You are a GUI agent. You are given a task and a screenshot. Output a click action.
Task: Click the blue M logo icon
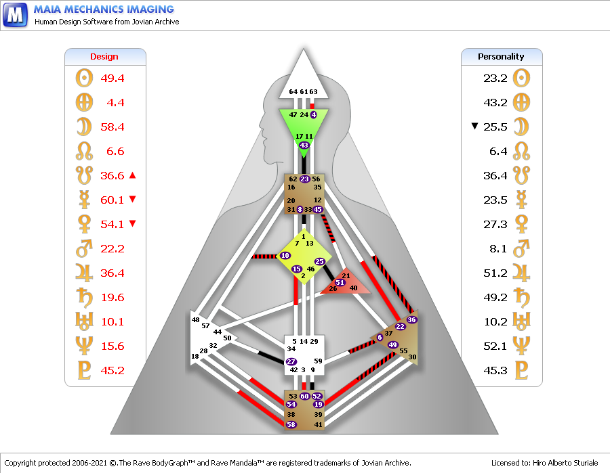15,15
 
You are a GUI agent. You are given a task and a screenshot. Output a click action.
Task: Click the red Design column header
104,57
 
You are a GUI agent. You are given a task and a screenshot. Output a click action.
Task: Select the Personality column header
501,57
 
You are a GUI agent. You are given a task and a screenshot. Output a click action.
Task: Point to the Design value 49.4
113,78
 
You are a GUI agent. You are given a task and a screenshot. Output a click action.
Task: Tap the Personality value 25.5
495,127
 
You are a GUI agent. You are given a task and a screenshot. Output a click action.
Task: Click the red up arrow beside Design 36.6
132,175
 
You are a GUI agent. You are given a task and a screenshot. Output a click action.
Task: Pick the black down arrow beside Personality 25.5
474,126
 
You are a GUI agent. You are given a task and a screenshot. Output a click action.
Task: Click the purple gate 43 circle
304,145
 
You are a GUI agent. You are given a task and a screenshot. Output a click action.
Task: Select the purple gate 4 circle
314,114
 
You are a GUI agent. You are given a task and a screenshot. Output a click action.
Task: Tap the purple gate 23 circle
304,179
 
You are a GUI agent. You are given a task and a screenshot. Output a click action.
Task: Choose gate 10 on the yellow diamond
285,256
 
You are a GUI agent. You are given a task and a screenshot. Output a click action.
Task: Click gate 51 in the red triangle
340,282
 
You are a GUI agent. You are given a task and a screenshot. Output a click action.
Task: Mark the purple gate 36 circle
411,319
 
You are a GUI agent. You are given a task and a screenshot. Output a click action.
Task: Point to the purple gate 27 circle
291,361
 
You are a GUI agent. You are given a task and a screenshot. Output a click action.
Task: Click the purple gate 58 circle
291,424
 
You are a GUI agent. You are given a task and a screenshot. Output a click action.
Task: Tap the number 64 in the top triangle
293,91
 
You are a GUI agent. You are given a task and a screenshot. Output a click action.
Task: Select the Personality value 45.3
495,370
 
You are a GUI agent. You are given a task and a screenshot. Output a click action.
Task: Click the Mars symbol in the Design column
84,248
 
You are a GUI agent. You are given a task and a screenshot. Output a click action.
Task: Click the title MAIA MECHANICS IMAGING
104,9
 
